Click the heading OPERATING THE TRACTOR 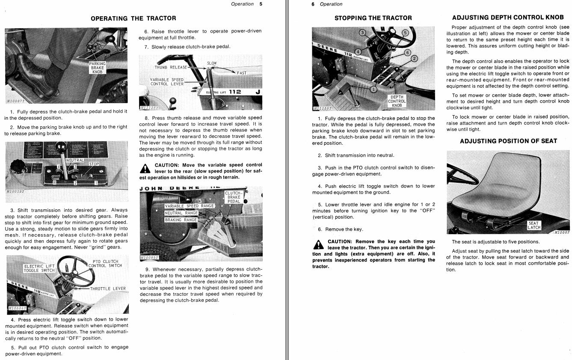pyautogui.click(x=133, y=18)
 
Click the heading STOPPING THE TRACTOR pyautogui.click(x=373, y=18)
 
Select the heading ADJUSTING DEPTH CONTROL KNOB pyautogui.click(x=508, y=18)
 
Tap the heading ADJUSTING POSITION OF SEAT pyautogui.click(x=508, y=141)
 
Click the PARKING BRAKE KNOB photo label pyautogui.click(x=97, y=68)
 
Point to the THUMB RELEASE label pyautogui.click(x=171, y=67)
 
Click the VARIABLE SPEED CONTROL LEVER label pyautogui.click(x=166, y=82)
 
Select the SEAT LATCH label pyautogui.click(x=533, y=225)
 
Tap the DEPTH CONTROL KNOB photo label pyautogui.click(x=397, y=101)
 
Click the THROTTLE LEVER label pyautogui.click(x=108, y=289)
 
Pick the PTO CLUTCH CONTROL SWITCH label pyautogui.click(x=105, y=263)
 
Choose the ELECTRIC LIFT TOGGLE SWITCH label pyautogui.click(x=39, y=268)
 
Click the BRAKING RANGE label pyautogui.click(x=181, y=220)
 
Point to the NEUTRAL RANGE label pyautogui.click(x=181, y=213)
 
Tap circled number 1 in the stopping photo pyautogui.click(x=373, y=89)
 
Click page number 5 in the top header pyautogui.click(x=261, y=4)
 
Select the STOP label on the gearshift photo pyautogui.click(x=94, y=164)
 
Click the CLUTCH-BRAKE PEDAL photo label pyautogui.click(x=234, y=197)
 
